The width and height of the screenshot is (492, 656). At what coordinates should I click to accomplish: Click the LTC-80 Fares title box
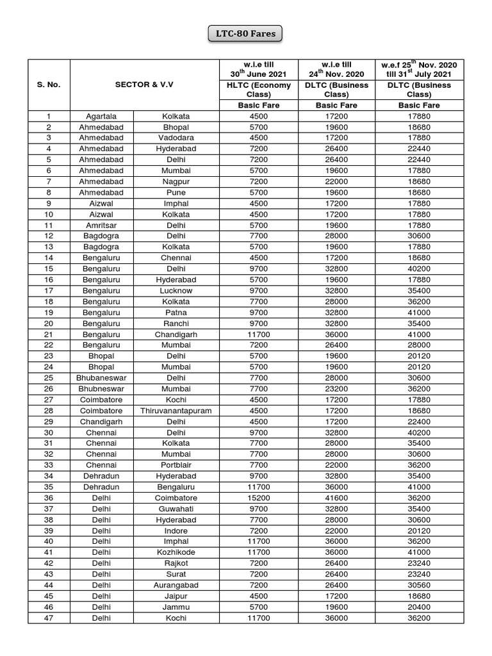point(245,33)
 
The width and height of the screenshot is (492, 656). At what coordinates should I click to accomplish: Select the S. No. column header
point(49,85)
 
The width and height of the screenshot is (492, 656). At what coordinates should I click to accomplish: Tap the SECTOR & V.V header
point(144,85)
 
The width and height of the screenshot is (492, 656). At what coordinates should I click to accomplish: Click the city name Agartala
point(101,116)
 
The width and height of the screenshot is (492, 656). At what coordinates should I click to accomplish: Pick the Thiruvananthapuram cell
point(176,411)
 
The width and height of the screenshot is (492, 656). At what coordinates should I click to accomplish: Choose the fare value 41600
point(336,498)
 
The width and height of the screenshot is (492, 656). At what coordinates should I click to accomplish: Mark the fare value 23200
point(336,389)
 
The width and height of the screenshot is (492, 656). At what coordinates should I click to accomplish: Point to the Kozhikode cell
point(176,553)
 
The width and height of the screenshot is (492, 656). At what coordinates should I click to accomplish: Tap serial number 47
point(49,618)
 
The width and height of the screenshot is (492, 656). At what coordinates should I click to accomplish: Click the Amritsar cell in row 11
point(101,225)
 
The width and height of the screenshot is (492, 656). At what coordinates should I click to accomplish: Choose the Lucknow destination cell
point(176,291)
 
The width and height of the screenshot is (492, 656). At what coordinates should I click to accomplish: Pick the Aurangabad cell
point(176,586)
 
